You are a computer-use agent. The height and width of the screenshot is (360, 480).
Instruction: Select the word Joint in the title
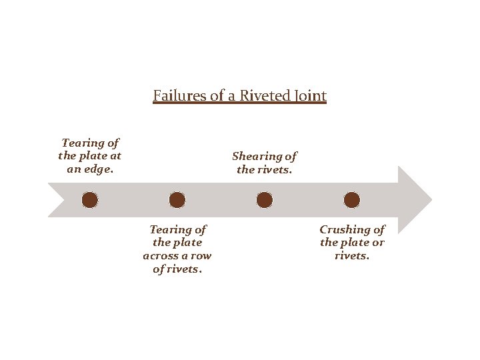309,96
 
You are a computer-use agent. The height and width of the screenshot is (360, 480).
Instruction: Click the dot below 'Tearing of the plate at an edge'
90,200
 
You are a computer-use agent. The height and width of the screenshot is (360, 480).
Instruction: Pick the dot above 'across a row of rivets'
177,200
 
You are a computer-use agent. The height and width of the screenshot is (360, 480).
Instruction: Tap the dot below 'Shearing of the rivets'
265,200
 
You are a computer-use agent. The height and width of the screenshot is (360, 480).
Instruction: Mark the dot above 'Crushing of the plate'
352,200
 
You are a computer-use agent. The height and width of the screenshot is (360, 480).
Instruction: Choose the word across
161,256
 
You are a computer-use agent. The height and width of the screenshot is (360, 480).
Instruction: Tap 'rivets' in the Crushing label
352,256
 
